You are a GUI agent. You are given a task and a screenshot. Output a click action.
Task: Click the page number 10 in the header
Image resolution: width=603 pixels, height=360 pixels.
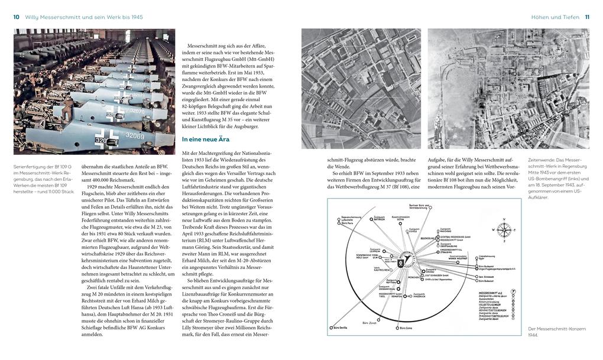pos(16,17)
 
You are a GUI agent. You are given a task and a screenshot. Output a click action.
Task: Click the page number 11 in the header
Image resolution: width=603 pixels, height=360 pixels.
pos(586,17)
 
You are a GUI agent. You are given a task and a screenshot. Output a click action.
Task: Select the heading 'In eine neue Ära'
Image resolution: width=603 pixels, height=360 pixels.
pos(206,140)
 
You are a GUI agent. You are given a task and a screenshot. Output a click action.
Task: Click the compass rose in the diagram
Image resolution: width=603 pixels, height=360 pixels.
pos(503,229)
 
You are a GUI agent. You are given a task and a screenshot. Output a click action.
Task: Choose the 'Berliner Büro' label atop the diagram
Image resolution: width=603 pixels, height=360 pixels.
pos(420,206)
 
